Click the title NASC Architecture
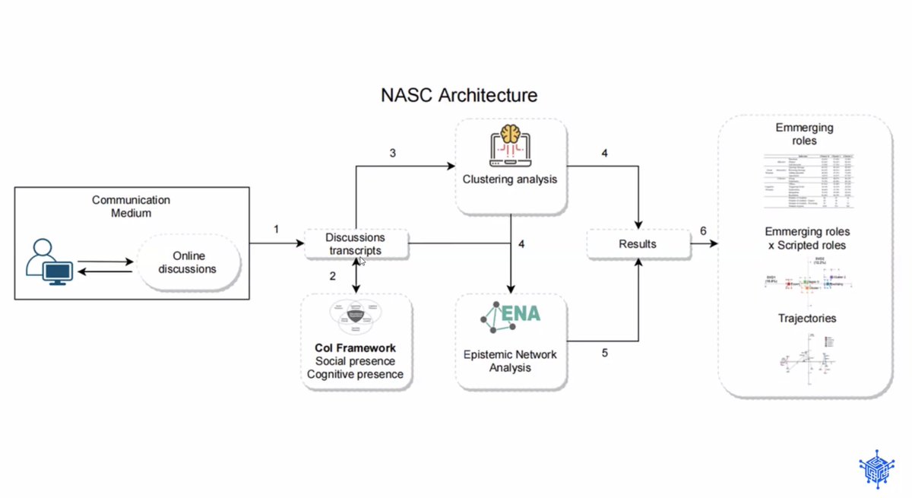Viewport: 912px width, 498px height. coord(458,95)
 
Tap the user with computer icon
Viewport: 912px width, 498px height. coord(48,262)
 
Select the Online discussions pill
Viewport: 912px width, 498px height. coord(188,263)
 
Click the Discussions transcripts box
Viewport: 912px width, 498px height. coord(356,243)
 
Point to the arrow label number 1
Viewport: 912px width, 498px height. coord(277,229)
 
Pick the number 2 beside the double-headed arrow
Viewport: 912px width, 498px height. coord(332,276)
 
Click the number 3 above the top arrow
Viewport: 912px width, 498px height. coord(392,153)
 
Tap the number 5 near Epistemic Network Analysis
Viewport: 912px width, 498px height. coord(605,352)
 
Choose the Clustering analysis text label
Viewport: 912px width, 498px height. coord(511,180)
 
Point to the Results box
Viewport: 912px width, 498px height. coord(638,244)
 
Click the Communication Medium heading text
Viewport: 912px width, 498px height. coord(131,206)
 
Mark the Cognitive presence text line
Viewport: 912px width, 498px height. coord(356,374)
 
